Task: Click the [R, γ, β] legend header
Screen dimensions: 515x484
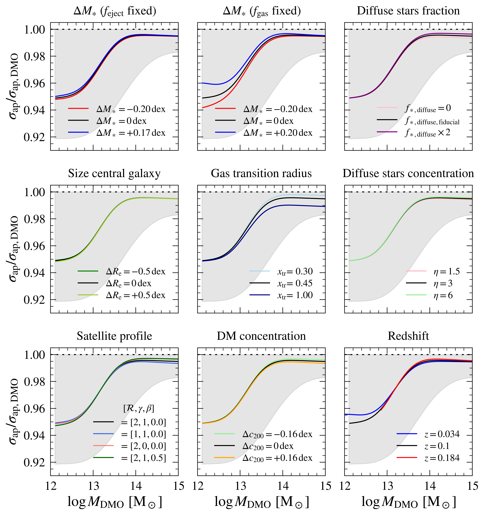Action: tap(139, 408)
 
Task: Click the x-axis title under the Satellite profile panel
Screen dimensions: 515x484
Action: tap(114, 502)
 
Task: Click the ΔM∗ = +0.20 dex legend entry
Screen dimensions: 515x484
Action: tap(278, 133)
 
